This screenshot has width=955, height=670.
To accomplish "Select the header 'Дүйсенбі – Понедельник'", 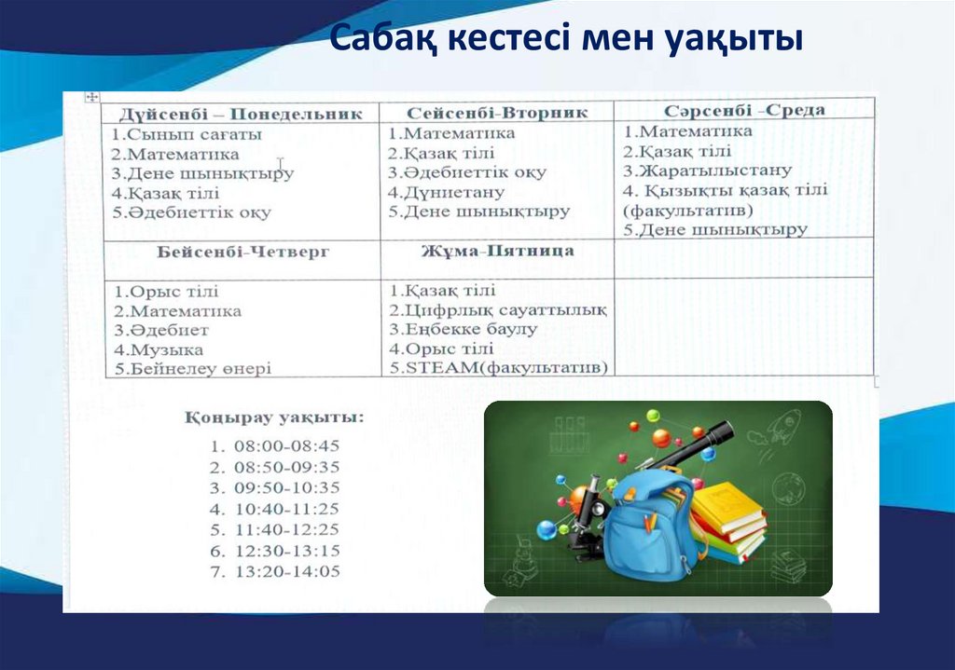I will click(240, 114).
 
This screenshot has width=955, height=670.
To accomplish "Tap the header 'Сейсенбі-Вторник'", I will click(497, 113).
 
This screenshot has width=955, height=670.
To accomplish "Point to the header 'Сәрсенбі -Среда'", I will click(744, 110).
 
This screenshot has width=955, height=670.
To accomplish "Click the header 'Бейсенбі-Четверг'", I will click(243, 252).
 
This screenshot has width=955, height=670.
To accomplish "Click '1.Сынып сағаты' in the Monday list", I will click(187, 134).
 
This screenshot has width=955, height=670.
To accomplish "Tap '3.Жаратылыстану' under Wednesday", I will click(708, 171).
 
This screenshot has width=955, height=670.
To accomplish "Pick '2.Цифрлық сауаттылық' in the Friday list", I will click(499, 310).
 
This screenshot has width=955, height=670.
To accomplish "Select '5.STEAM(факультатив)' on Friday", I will click(499, 367).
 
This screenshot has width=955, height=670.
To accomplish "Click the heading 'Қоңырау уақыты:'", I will click(274, 417).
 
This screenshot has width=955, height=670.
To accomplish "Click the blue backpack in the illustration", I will click(648, 526).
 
